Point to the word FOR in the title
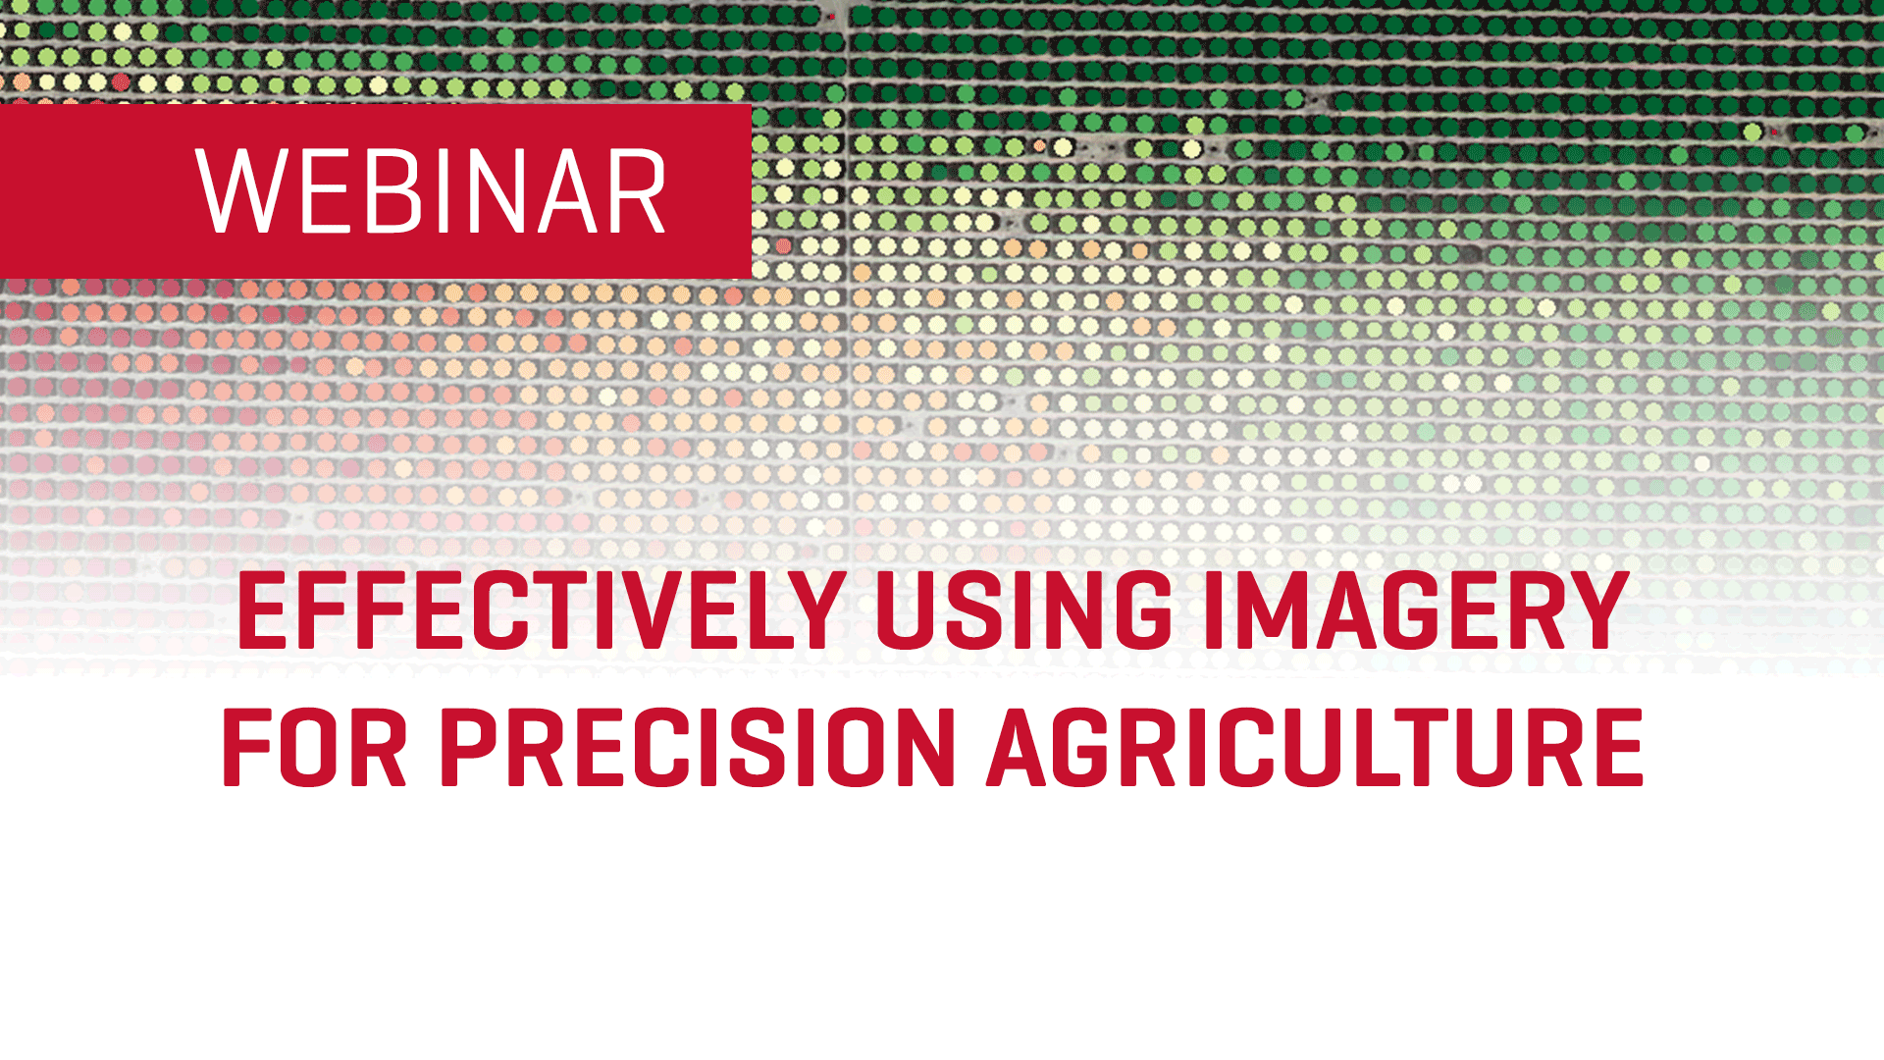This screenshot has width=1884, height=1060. point(315,748)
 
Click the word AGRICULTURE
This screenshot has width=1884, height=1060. point(1315,748)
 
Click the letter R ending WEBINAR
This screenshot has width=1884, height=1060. point(639,192)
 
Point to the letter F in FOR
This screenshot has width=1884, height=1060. point(249,748)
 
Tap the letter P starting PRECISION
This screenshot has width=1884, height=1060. point(469,748)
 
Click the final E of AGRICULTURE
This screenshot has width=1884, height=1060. point(1618,748)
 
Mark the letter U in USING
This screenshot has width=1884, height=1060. point(906,611)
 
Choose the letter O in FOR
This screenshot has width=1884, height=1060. point(312,748)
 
